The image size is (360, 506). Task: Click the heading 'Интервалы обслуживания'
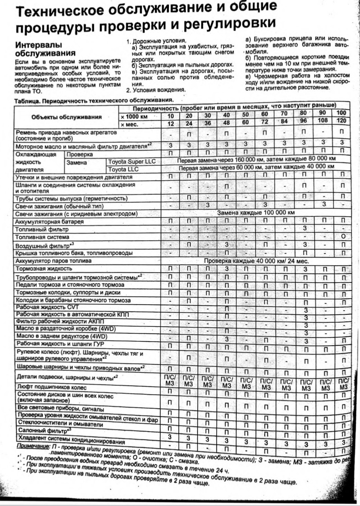pyautogui.click(x=45, y=49)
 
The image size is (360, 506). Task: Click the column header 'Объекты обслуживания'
pyautogui.click(x=66, y=117)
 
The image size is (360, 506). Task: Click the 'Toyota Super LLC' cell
pyautogui.click(x=132, y=162)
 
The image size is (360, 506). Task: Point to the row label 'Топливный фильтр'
pyautogui.click(x=42, y=229)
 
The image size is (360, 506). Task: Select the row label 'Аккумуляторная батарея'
pyautogui.click(x=49, y=221)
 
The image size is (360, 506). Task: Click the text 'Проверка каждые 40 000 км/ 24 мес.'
pyautogui.click(x=256, y=261)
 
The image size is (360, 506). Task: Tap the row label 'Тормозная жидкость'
pyautogui.click(x=44, y=269)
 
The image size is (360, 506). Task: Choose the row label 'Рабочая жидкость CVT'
pyautogui.click(x=45, y=307)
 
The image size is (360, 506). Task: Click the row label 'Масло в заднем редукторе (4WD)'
pyautogui.click(x=62, y=336)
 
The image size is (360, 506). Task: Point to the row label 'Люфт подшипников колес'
pyautogui.click(x=52, y=387)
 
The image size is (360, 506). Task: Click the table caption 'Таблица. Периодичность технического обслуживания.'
pyautogui.click(x=93, y=100)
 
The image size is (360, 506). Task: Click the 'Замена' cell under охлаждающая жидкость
pyautogui.click(x=77, y=162)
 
